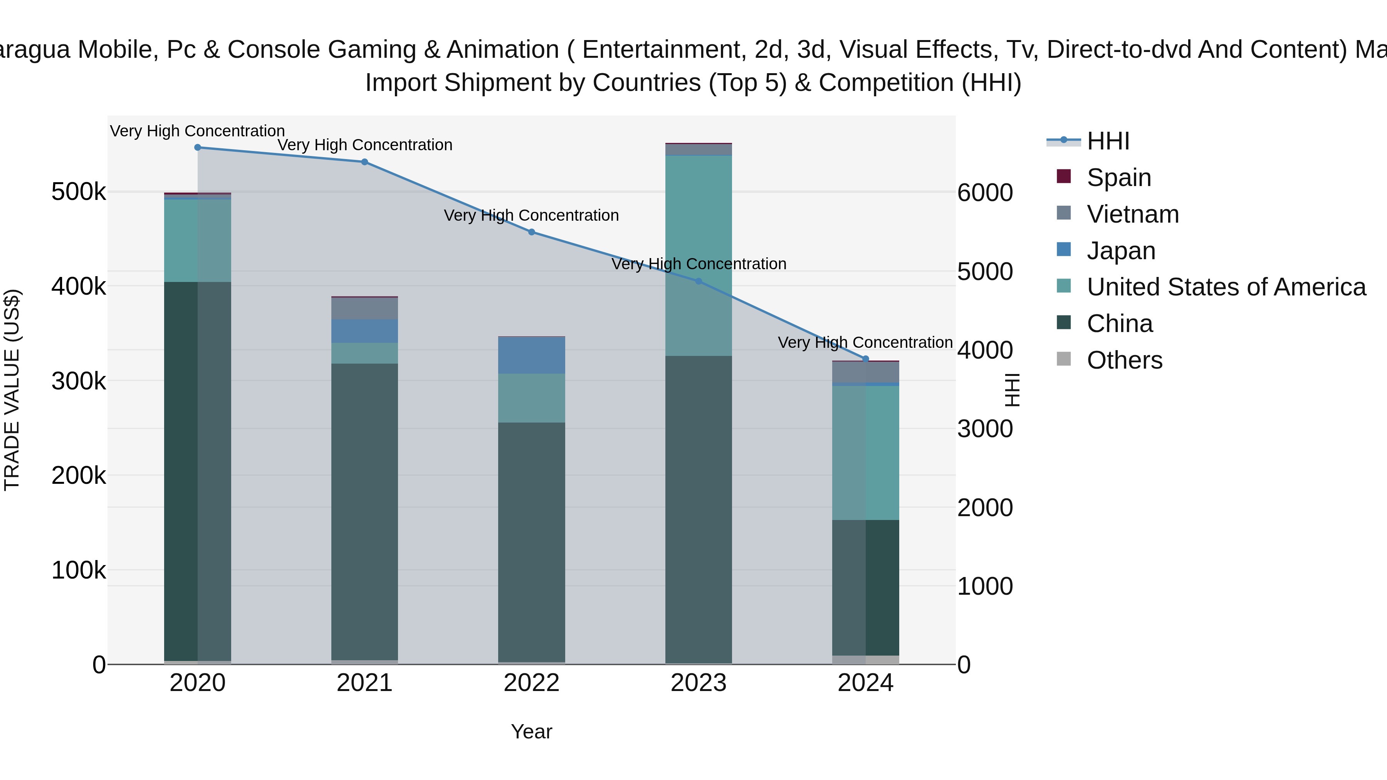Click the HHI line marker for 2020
pyautogui.click(x=198, y=148)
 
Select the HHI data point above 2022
pyautogui.click(x=531, y=232)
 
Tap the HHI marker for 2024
pyautogui.click(x=865, y=359)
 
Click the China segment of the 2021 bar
pyautogui.click(x=364, y=512)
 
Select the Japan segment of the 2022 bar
pyautogui.click(x=531, y=355)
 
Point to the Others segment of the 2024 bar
pyautogui.click(x=865, y=659)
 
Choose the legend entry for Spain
pyautogui.click(x=1118, y=178)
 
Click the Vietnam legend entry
pyautogui.click(x=1132, y=214)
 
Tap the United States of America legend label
pyautogui.click(x=1226, y=287)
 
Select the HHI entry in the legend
pyautogui.click(x=1108, y=141)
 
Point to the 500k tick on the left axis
pyautogui.click(x=79, y=192)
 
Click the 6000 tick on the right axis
pyautogui.click(x=985, y=193)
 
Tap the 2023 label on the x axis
pyautogui.click(x=699, y=683)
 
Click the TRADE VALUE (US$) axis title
pyautogui.click(x=12, y=390)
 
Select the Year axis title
pyautogui.click(x=531, y=731)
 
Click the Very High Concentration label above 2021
pyautogui.click(x=364, y=145)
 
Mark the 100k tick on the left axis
pyautogui.click(x=79, y=570)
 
